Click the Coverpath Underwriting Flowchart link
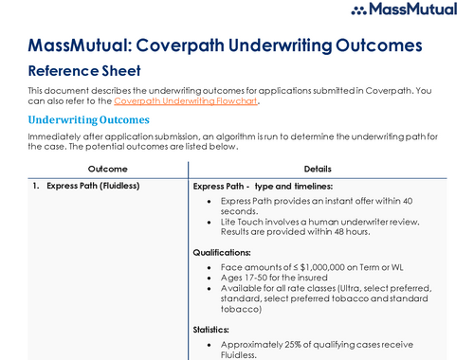point(185,100)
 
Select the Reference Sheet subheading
point(84,70)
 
